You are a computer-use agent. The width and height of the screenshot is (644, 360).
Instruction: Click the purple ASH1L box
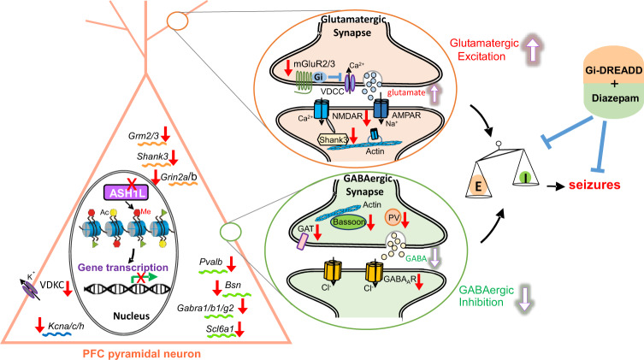[127, 192]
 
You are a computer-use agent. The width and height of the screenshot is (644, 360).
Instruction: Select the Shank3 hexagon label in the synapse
[333, 140]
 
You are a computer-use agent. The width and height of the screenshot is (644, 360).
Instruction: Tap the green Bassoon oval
[349, 222]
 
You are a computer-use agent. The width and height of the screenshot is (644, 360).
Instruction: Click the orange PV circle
[393, 218]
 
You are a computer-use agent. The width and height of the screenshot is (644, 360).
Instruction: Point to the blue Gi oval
[318, 77]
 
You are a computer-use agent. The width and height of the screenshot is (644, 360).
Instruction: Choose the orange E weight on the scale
[478, 186]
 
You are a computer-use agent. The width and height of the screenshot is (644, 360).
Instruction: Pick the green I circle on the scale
[525, 177]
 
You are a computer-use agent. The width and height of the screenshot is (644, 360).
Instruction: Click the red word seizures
[594, 185]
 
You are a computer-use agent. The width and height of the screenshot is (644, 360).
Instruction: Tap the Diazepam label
[615, 98]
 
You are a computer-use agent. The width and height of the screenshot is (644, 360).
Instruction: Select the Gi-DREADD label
[613, 70]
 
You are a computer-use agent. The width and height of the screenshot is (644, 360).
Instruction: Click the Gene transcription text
[123, 268]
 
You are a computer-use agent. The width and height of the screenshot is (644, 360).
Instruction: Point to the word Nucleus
[131, 316]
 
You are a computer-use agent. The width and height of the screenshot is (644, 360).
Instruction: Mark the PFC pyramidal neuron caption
[142, 354]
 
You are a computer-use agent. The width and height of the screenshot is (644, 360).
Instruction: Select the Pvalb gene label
[210, 262]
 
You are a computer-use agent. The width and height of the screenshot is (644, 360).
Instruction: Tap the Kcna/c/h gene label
[66, 326]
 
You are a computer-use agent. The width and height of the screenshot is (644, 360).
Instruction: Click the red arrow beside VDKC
[68, 288]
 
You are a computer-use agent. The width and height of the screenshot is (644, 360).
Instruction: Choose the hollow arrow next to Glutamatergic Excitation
[533, 50]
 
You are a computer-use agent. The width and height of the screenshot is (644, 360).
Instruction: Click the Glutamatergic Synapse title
[353, 26]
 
